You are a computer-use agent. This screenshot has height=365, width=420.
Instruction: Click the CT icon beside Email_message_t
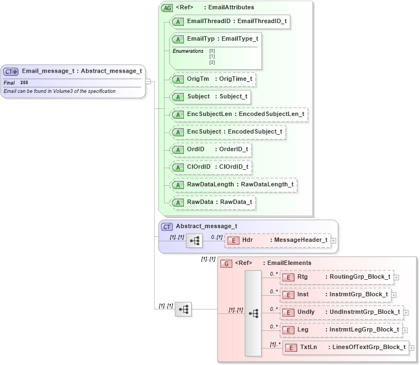[11, 71]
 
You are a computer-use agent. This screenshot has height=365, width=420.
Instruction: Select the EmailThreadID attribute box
[230, 21]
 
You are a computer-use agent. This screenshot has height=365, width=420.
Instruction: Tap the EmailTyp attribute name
[201, 39]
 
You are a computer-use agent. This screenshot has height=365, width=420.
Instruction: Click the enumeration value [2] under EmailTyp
[212, 62]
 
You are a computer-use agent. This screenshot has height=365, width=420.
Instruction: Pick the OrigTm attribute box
[213, 79]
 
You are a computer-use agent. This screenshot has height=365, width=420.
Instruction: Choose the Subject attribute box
[210, 97]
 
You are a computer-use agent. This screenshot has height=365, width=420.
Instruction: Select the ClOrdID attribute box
[211, 167]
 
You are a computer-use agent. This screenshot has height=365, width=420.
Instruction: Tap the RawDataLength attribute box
[234, 185]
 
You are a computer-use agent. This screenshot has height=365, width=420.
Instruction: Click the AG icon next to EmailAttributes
[166, 8]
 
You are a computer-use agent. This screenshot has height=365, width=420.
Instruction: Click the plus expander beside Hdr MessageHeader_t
[334, 241]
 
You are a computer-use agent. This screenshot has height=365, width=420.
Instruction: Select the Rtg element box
[337, 277]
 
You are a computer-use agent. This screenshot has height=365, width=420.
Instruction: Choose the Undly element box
[341, 312]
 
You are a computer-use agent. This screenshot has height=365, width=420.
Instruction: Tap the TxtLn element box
[345, 347]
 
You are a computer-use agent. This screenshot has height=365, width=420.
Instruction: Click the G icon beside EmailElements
[226, 263]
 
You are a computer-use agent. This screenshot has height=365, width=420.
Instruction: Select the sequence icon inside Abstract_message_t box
[194, 241]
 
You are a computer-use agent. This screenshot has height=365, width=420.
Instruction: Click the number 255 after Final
[24, 82]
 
